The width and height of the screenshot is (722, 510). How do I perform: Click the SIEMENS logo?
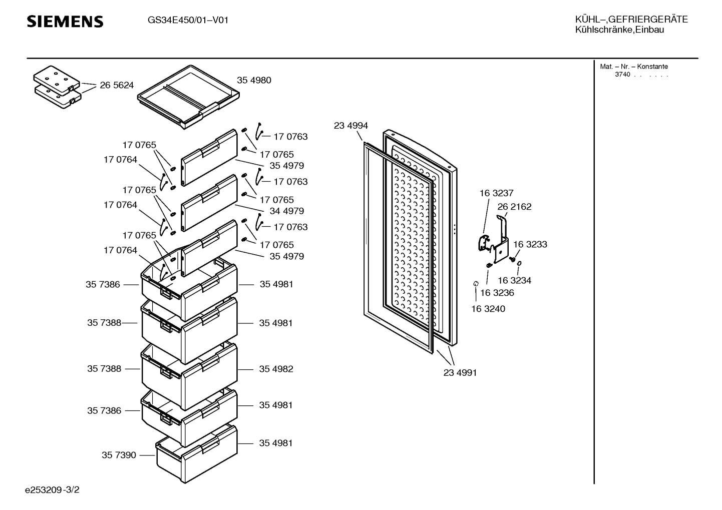point(65,22)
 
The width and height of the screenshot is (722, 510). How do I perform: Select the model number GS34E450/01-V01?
point(188,20)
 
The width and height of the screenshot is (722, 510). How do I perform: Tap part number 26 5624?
point(117,85)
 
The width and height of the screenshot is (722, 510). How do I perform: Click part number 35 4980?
point(254,80)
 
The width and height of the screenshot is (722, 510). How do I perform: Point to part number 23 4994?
point(350,125)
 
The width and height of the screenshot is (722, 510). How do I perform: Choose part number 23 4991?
point(460,372)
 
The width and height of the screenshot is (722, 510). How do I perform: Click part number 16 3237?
point(496,193)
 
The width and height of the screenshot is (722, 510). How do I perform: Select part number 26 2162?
point(514,207)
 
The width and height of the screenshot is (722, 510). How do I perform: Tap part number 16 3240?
point(488,309)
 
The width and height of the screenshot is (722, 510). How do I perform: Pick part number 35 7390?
point(119,455)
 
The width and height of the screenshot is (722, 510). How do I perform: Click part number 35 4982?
point(276,369)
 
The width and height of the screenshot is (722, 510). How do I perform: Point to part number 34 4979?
point(287,211)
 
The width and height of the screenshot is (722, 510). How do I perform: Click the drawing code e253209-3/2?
point(52,490)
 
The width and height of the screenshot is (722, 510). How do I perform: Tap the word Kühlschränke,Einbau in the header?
point(619,30)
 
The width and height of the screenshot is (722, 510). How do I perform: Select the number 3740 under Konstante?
point(622,75)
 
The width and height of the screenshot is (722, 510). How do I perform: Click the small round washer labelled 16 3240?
point(476,283)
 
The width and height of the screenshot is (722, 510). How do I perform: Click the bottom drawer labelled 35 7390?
point(197,454)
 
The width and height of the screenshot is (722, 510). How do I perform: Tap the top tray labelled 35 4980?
point(189,97)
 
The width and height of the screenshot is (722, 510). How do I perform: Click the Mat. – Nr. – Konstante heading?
point(634,67)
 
